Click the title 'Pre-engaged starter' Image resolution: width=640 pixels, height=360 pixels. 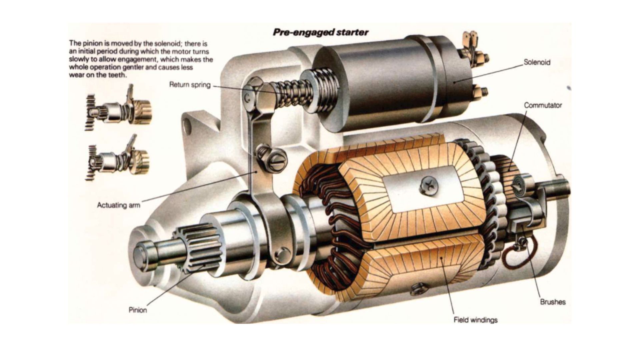[x=320, y=32]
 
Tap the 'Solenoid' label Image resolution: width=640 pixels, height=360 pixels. [x=537, y=62]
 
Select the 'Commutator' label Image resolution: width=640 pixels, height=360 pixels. [x=543, y=105]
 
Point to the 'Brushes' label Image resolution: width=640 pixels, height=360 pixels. [x=553, y=302]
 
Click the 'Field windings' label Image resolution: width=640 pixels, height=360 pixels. [x=475, y=320]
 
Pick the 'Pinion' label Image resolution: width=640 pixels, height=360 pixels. [x=138, y=310]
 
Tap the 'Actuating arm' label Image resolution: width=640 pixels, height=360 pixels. [x=118, y=205]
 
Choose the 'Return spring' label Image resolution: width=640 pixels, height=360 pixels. [x=190, y=85]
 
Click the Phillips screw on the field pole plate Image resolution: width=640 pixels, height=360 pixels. [x=428, y=185]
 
